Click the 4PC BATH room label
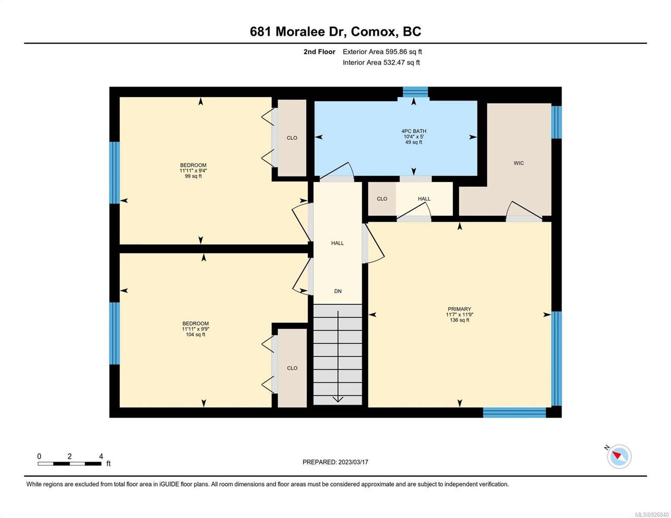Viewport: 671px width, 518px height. pos(413,131)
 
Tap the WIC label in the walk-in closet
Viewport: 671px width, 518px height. pos(518,163)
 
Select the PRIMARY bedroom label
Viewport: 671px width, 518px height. pos(459,309)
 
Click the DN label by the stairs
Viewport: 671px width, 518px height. pos(338,291)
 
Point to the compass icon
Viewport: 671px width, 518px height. pos(619,456)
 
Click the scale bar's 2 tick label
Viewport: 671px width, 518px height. pos(70,456)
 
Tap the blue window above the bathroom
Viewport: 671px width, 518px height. pos(415,92)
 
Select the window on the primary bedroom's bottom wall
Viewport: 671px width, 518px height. pos(514,413)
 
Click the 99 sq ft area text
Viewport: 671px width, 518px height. pos(193,176)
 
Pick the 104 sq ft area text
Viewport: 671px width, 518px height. pos(195,335)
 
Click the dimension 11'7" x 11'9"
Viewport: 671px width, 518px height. pos(459,314)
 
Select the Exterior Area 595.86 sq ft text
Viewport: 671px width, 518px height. pos(382,52)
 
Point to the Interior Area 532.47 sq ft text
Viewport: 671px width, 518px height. pos(382,62)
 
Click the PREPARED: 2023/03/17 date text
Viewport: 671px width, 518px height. pos(335,462)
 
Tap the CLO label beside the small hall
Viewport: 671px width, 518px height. pos(382,199)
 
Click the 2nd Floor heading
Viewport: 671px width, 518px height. pos(319,52)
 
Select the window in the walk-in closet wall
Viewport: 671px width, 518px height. pos(556,122)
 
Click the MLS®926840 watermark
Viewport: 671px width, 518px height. pos(652,515)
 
